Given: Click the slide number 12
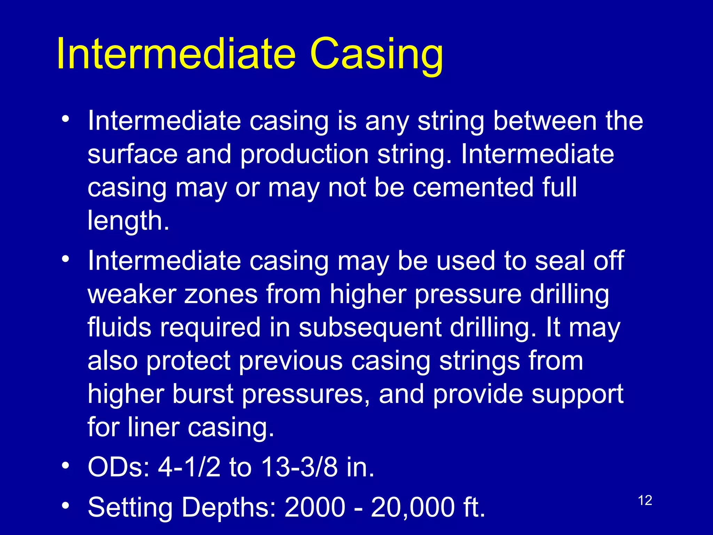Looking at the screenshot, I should [x=645, y=501].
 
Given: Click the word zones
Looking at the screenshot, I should [x=221, y=294].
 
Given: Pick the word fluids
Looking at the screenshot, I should [x=119, y=327].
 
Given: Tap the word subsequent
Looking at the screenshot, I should [x=370, y=328].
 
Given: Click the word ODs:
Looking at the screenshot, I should [x=118, y=467].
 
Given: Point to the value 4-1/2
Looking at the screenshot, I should [x=189, y=467].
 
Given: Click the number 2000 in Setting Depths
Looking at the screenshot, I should [x=315, y=507].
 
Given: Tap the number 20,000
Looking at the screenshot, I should [x=413, y=507].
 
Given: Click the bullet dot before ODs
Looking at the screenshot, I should [x=65, y=466].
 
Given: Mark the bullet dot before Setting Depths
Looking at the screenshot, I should [x=65, y=505].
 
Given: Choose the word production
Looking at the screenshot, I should [x=304, y=155].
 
